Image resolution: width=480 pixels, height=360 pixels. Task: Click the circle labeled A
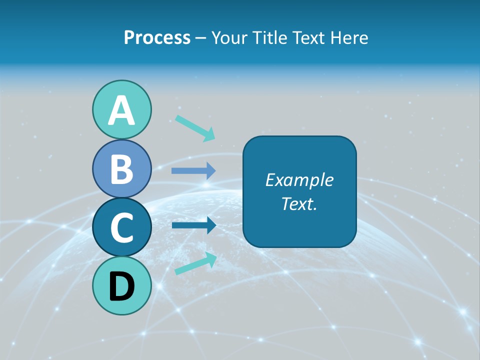[x=121, y=109]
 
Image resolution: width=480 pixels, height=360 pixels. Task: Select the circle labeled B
[x=121, y=168]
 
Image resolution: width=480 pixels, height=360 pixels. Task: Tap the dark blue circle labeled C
[x=121, y=227]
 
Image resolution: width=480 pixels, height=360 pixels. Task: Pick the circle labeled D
[x=121, y=285]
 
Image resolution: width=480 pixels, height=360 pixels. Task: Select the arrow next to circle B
[x=193, y=170]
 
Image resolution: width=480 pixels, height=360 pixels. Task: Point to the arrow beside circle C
[x=193, y=225]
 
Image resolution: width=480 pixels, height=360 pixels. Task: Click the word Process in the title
[x=157, y=38]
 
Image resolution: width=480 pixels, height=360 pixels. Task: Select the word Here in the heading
[x=349, y=38]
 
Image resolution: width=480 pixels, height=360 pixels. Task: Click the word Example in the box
[x=299, y=180]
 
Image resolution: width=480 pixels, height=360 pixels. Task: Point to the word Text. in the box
[x=299, y=203]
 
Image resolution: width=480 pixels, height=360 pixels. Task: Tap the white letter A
[x=121, y=110]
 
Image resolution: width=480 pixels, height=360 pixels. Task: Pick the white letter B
[x=121, y=169]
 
